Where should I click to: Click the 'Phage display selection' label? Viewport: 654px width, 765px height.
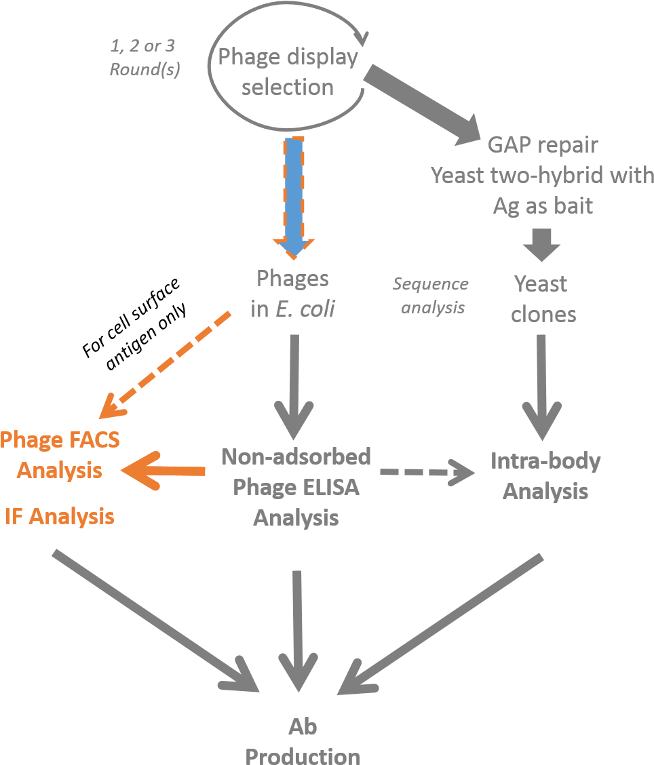tap(288, 72)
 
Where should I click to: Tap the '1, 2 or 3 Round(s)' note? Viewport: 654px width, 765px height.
tap(145, 58)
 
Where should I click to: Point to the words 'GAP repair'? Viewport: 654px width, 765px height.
tap(543, 145)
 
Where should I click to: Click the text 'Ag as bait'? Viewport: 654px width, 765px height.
tap(543, 205)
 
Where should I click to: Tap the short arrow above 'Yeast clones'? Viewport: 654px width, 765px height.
tap(541, 245)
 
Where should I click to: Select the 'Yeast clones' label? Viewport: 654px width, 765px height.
tap(542, 298)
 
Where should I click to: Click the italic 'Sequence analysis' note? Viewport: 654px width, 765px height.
tap(431, 296)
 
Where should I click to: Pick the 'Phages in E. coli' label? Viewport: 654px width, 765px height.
tap(292, 293)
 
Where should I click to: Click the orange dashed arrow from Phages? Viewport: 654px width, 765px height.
tap(166, 365)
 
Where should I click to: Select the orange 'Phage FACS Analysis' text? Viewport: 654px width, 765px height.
tap(60, 454)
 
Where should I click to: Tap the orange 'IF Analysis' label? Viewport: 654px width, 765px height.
tap(59, 517)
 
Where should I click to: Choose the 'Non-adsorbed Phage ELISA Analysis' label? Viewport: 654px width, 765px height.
tap(296, 487)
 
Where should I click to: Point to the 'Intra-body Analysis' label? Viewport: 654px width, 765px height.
tap(545, 476)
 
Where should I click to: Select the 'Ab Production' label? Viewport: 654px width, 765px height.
tap(303, 741)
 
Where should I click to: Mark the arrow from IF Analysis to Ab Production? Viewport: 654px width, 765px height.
tap(156, 621)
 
